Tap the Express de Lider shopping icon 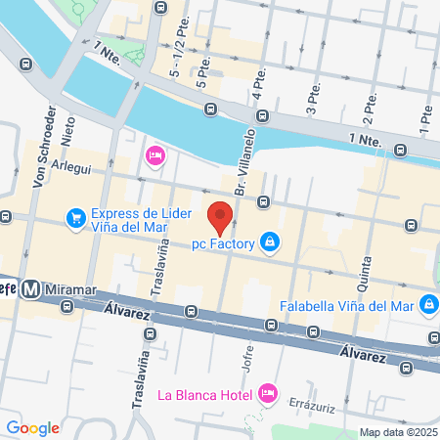75,217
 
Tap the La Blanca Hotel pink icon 267,394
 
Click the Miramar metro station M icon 31,289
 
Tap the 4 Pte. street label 261,95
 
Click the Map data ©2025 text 397,432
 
